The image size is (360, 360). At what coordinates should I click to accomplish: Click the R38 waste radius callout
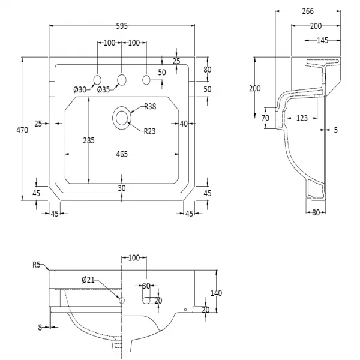pos(150,107)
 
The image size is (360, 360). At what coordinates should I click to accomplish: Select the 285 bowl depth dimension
pos(89,141)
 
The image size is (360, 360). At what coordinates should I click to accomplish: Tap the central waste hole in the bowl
pos(122,118)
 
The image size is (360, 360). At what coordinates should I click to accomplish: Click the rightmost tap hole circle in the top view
pos(146,79)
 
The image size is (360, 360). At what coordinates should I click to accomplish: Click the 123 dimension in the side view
pos(302,118)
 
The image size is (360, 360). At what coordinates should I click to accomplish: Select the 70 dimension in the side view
pos(265,118)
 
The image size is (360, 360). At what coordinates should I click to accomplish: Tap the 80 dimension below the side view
pos(318,212)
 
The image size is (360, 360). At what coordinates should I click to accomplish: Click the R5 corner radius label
pos(37,265)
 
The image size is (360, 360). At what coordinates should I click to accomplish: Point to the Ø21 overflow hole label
pos(88,280)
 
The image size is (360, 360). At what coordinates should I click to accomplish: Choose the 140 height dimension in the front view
pos(217,293)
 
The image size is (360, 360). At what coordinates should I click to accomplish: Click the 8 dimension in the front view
pos(40,326)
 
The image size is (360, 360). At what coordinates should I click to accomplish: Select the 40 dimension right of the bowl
pos(184,124)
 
